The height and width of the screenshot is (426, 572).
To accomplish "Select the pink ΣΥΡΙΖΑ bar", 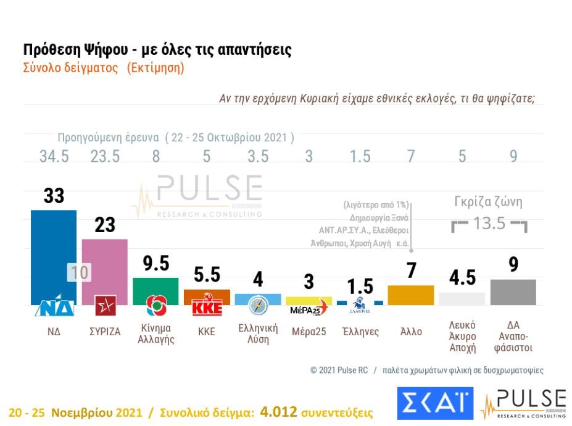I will [105, 262].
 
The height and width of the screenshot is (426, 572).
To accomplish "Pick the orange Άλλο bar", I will [410, 295].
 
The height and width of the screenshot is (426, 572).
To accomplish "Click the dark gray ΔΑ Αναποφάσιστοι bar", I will [513, 292].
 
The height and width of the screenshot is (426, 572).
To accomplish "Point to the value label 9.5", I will [156, 264].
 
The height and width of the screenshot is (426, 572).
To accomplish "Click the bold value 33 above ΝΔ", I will [54, 196].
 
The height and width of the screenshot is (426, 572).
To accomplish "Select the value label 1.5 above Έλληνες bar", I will [360, 286].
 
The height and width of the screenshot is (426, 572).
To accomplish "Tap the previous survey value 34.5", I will [54, 157].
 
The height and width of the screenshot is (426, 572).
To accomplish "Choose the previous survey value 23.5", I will [105, 157].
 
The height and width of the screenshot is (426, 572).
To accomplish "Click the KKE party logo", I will [207, 307].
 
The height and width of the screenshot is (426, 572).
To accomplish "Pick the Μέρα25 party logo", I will [309, 308].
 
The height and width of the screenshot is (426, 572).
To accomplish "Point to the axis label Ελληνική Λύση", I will [258, 334].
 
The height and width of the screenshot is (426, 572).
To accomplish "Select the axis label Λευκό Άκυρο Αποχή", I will [462, 335].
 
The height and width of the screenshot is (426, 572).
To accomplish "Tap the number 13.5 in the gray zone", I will [489, 223].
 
